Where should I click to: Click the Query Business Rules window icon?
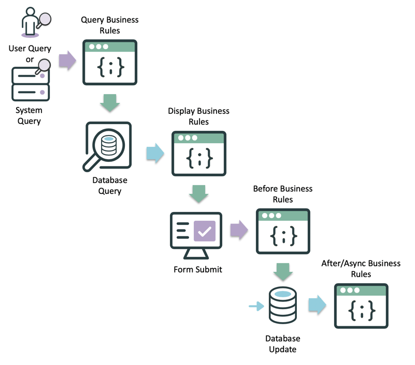pyautogui.click(x=109, y=63)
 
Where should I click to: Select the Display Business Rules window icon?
pyautogui.click(x=198, y=154)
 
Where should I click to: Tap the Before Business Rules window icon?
pyautogui.click(x=283, y=231)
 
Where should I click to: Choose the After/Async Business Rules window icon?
pyautogui.click(x=361, y=306)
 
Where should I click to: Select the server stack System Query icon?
pyautogui.click(x=31, y=85)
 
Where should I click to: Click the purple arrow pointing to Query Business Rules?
pyautogui.click(x=67, y=61)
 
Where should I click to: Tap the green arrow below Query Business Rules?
pyautogui.click(x=110, y=102)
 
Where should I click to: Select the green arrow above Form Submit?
pyautogui.click(x=198, y=194)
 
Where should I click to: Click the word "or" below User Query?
pyautogui.click(x=30, y=59)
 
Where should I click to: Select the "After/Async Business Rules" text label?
pyautogui.click(x=361, y=269)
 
